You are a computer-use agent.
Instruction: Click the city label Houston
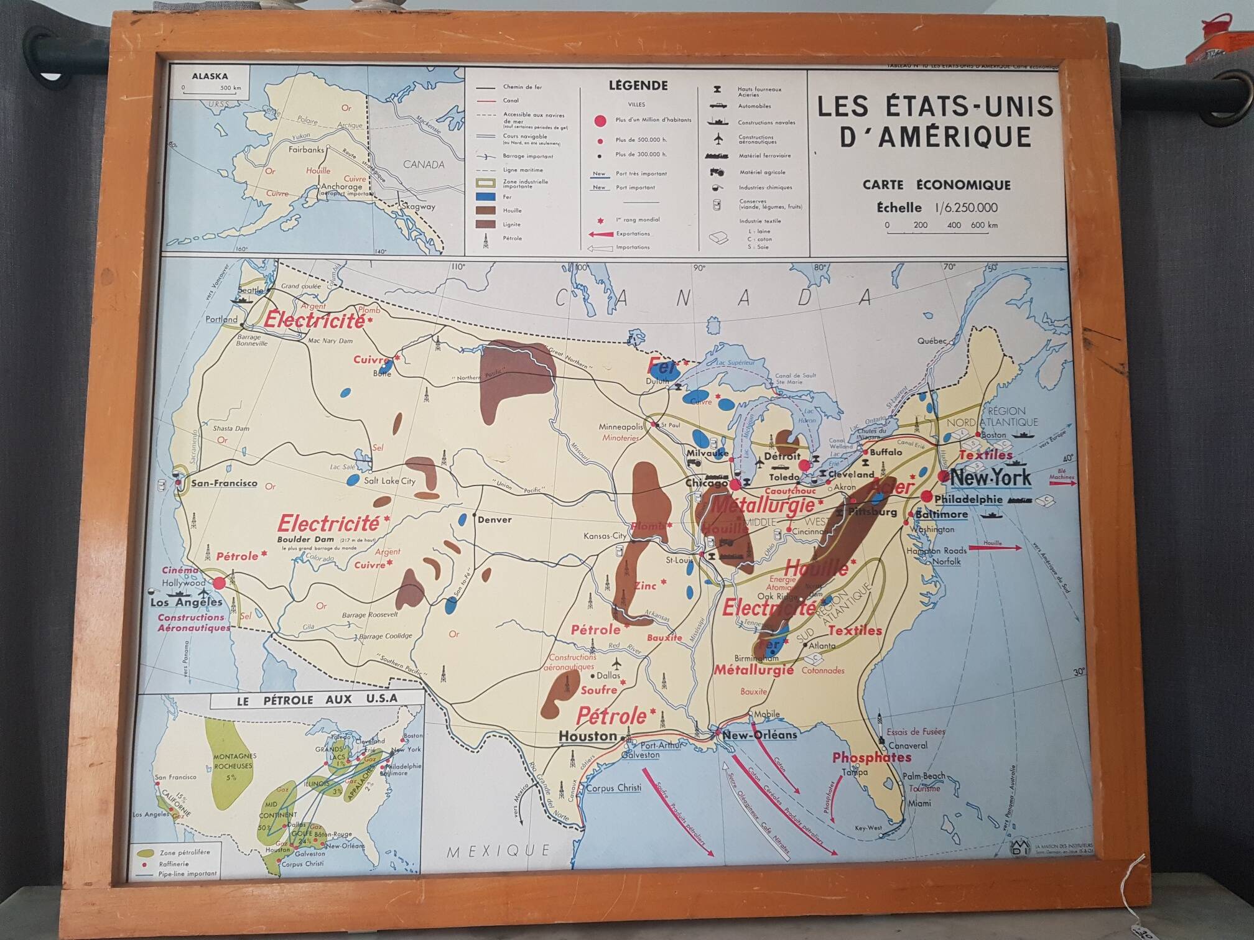pyautogui.click(x=587, y=736)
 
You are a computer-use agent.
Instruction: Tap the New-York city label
pyautogui.click(x=990, y=478)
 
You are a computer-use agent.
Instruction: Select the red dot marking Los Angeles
pyautogui.click(x=219, y=583)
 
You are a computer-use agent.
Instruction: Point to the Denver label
pyautogui.click(x=495, y=520)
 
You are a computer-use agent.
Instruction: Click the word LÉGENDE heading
pyautogui.click(x=638, y=86)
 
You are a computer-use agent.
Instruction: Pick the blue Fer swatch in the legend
pyautogui.click(x=485, y=197)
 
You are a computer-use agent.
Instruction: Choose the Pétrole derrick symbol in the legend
pyautogui.click(x=486, y=240)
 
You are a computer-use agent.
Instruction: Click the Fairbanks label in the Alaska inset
pyautogui.click(x=306, y=149)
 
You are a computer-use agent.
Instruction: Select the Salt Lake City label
pyautogui.click(x=389, y=481)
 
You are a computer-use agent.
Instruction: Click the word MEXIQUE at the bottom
pyautogui.click(x=498, y=850)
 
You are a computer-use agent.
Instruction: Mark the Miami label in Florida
pyautogui.click(x=919, y=803)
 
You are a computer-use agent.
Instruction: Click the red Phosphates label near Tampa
pyautogui.click(x=871, y=757)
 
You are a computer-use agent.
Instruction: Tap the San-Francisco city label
pyautogui.click(x=224, y=483)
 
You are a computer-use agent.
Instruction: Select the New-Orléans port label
pyautogui.click(x=759, y=735)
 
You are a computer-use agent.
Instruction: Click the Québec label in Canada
pyautogui.click(x=931, y=341)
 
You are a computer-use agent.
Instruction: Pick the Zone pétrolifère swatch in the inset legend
pyautogui.click(x=147, y=853)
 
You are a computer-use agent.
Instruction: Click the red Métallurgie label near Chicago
pyautogui.click(x=763, y=505)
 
